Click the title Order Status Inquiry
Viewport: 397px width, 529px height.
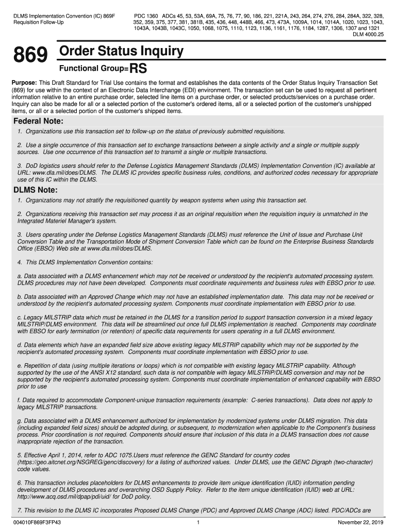pos(121,51)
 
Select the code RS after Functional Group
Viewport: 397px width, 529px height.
pos(140,68)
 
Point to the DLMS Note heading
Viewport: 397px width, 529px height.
pos(35,190)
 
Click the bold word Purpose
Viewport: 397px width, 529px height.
pos(24,83)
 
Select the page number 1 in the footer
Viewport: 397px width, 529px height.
pos(198,522)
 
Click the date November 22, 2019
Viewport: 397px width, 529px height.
pos(358,522)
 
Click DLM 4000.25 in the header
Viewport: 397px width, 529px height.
pos(368,34)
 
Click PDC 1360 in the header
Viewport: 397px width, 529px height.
pos(146,17)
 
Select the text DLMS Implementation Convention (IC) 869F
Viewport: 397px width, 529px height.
pos(64,17)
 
